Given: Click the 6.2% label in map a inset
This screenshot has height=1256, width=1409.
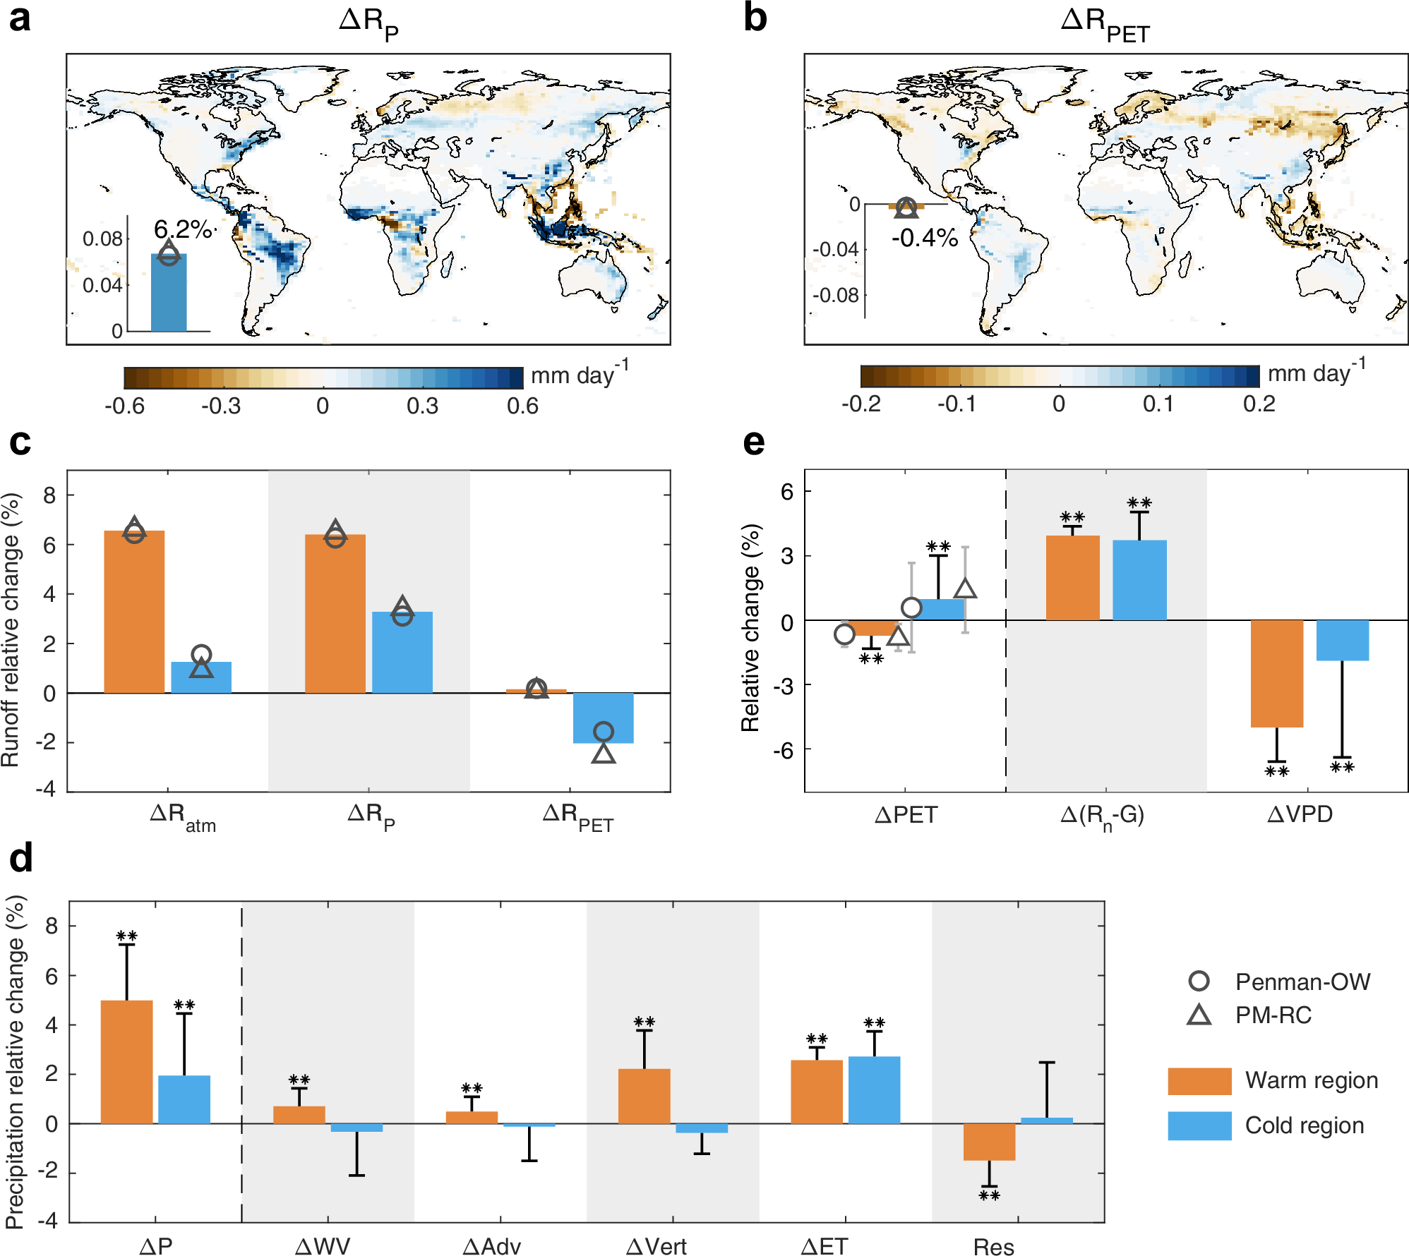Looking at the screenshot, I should pos(182,229).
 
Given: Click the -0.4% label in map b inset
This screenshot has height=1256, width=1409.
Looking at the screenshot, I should pos(924,238).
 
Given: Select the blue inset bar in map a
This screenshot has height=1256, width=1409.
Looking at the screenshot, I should pos(169,293).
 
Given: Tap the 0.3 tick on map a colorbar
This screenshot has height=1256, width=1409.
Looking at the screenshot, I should pos(422,406).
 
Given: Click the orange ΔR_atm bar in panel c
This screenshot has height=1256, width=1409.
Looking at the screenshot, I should pos(134,612).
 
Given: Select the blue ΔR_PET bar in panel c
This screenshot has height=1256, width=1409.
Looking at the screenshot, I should pos(603,718).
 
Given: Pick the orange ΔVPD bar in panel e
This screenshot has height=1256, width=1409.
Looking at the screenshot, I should pos(1276,673).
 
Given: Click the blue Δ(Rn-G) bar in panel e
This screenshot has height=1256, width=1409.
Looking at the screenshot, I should pos(1139,580).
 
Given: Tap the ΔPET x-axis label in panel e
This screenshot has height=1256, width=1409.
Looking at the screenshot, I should pos(906,815).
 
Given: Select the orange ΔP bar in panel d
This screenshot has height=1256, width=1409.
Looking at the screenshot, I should pos(127,1061).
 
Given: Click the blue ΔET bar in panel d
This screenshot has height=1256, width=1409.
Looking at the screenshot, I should pos(874,1089).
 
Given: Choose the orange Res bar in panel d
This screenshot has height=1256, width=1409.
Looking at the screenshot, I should pos(989,1142).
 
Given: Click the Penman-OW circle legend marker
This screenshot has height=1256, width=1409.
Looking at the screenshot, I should pos(1199,981).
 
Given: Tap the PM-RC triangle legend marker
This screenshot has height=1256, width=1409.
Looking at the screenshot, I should pos(1199,1015).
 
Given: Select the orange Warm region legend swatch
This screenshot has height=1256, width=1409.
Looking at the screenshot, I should pos(1199,1081).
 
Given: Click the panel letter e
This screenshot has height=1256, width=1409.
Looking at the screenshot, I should pos(753,442).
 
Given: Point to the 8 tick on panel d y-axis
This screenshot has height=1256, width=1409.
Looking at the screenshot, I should pos(52,926).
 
